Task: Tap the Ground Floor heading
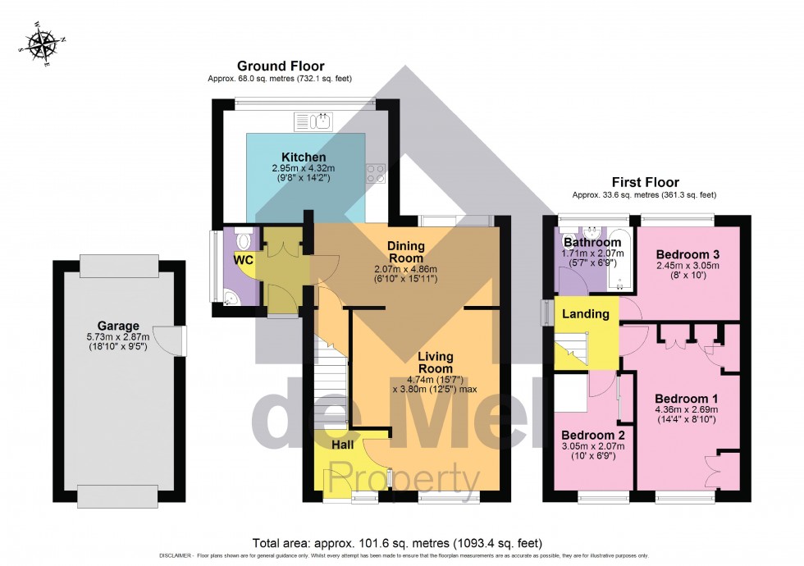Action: pyautogui.click(x=281, y=66)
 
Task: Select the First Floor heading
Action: pyautogui.click(x=644, y=182)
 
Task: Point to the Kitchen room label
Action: pyautogui.click(x=304, y=157)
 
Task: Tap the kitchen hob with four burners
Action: pyautogui.click(x=376, y=173)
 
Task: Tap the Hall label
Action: pyautogui.click(x=343, y=444)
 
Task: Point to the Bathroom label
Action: pyautogui.click(x=592, y=243)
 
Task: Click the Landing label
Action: pyautogui.click(x=586, y=313)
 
